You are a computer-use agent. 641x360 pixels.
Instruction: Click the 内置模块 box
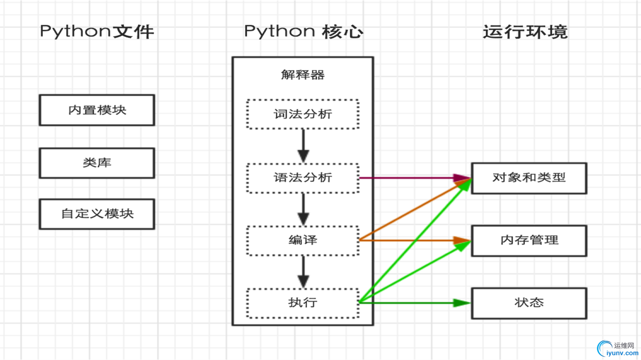[97, 110]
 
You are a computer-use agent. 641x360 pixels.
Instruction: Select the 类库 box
[97, 163]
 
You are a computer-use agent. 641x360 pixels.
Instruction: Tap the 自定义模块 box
[97, 214]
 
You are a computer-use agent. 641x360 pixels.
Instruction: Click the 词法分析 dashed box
[303, 114]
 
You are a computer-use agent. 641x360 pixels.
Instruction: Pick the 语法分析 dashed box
[303, 178]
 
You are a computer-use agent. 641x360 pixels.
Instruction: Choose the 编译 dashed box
[303, 240]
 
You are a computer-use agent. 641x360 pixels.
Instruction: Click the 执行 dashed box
[303, 303]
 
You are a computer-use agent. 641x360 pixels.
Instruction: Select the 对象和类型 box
[529, 178]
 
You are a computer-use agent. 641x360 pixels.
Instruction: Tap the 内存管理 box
[529, 241]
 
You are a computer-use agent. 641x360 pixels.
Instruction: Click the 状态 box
[529, 303]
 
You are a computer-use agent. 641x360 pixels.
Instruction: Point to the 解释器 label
[303, 75]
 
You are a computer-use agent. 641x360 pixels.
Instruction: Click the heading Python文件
[97, 32]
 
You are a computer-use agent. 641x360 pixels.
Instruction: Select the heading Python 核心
[303, 32]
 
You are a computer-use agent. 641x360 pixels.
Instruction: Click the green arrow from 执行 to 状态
[415, 303]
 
